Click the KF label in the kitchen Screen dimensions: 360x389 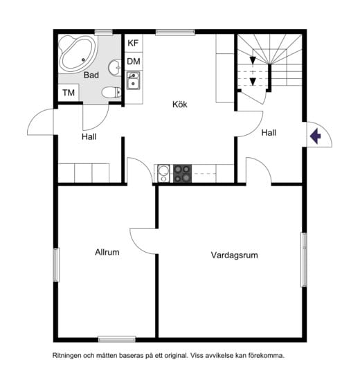pos(133,43)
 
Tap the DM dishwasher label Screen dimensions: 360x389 pos(134,62)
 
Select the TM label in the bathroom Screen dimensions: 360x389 pos(69,93)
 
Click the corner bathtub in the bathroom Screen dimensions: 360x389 pos(78,54)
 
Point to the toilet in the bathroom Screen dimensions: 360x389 pos(111,92)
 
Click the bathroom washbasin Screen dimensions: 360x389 pos(114,67)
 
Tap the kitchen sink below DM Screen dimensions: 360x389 pos(134,80)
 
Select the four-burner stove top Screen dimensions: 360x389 pos(182,174)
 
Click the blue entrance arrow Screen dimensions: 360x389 pos(315,136)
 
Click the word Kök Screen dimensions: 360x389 pos(180,105)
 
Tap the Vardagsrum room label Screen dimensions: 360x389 pos(234,255)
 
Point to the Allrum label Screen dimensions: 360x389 pos(107,253)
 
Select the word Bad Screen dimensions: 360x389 pos(91,75)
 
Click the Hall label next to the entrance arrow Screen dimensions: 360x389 pos(269,133)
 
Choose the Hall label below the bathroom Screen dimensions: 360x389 pos(89,136)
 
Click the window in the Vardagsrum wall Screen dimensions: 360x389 pos(304,260)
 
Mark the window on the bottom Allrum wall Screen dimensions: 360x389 pos(117,339)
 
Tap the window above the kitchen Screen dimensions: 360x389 pos(175,33)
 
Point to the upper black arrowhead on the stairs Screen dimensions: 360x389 pos(253,60)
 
